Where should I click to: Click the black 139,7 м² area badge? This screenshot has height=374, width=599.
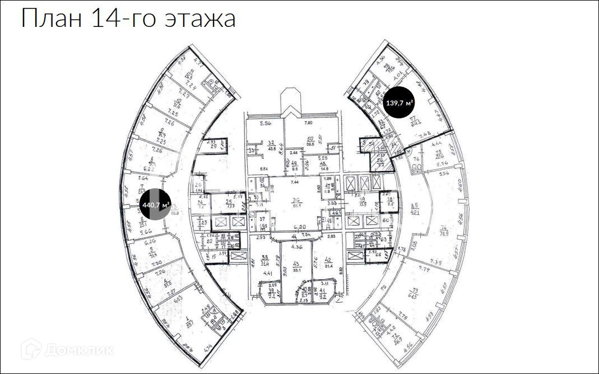(x=400, y=103)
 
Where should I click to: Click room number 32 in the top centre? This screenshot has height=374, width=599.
(x=271, y=143)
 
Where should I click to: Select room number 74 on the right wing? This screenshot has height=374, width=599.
(x=444, y=228)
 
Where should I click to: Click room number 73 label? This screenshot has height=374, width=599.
(x=414, y=292)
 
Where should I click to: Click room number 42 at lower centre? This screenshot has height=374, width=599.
(x=329, y=260)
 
